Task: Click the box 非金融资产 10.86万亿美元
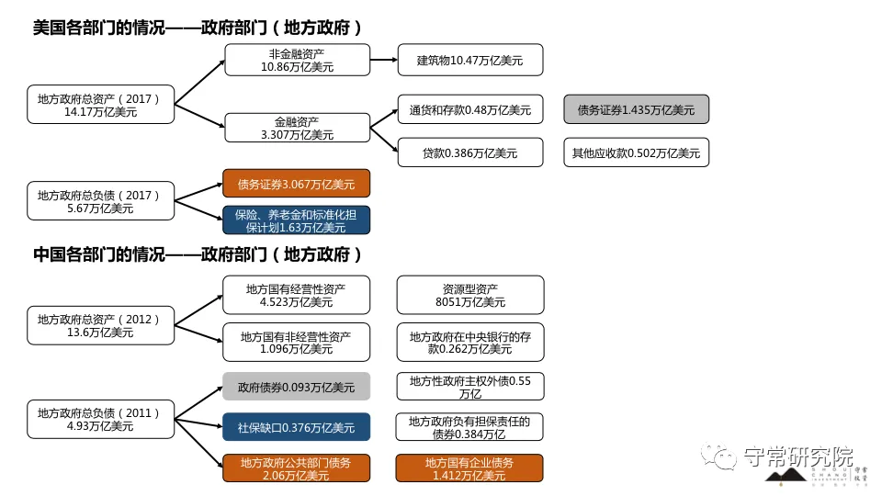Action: pos(297,61)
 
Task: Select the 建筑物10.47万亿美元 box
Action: pos(469,60)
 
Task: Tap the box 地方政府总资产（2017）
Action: pos(100,105)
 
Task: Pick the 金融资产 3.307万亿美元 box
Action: pos(297,128)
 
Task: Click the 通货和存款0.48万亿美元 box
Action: pos(469,109)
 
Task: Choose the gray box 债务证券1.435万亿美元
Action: pos(636,109)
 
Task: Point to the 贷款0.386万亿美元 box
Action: pos(469,152)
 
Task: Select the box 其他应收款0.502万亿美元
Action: pos(636,152)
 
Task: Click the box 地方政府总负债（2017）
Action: pos(100,201)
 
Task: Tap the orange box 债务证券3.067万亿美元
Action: pos(296,184)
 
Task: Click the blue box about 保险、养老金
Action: pos(296,220)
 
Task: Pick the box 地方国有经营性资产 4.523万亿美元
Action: pos(296,295)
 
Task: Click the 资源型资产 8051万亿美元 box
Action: pos(469,295)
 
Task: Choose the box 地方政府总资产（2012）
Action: pos(100,326)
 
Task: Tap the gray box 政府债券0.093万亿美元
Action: pos(296,387)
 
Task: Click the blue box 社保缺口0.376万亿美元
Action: pos(296,427)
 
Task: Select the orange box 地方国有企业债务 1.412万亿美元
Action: pos(469,468)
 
